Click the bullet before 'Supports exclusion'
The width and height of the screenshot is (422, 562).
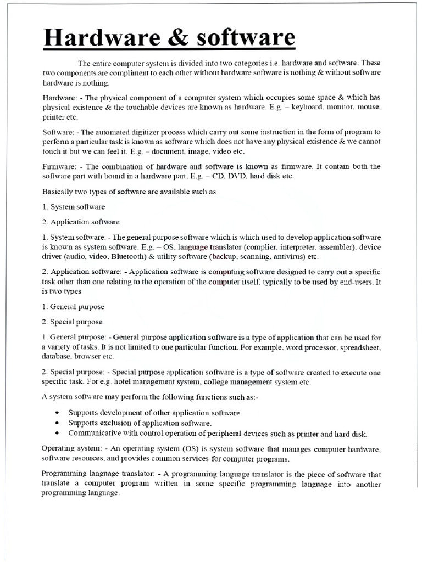point(59,423)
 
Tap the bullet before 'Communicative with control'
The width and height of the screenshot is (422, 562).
point(59,432)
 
